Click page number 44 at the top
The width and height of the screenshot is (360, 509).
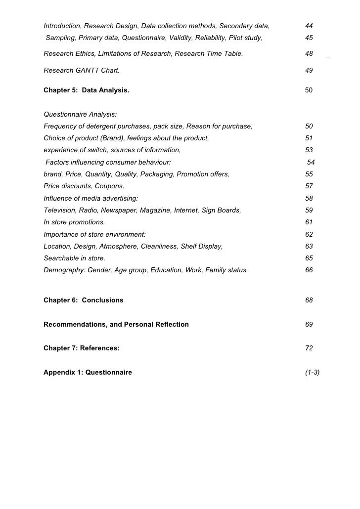(x=309, y=26)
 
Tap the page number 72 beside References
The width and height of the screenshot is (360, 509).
(x=309, y=348)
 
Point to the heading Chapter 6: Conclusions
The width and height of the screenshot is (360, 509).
(x=84, y=300)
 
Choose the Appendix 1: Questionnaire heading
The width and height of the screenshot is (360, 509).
(x=88, y=372)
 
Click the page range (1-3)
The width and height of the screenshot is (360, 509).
(x=313, y=372)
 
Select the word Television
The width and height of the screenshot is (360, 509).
(x=60, y=211)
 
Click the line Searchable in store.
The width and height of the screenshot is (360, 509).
(x=74, y=258)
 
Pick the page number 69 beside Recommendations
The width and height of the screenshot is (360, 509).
(x=309, y=324)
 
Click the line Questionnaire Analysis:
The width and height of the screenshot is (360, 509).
(x=80, y=115)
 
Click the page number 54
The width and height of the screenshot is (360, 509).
(x=311, y=162)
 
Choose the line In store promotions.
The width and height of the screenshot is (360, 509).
(x=74, y=222)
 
